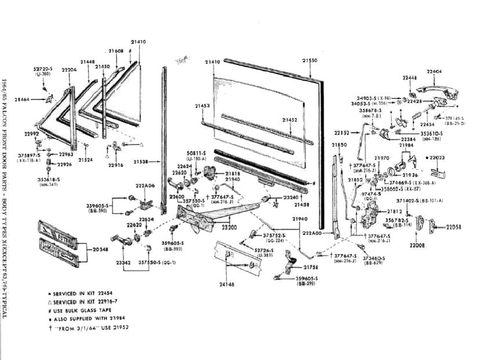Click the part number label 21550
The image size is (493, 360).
(310, 60)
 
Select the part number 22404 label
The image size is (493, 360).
(434, 72)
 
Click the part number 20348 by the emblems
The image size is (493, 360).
(100, 249)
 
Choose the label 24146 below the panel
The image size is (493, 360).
(228, 285)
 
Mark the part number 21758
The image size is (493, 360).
(311, 267)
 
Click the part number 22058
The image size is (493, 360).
(457, 227)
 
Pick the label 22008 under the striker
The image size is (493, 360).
(417, 246)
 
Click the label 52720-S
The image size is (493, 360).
(44, 68)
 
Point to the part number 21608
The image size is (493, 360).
(117, 52)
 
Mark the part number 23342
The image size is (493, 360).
(124, 263)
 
